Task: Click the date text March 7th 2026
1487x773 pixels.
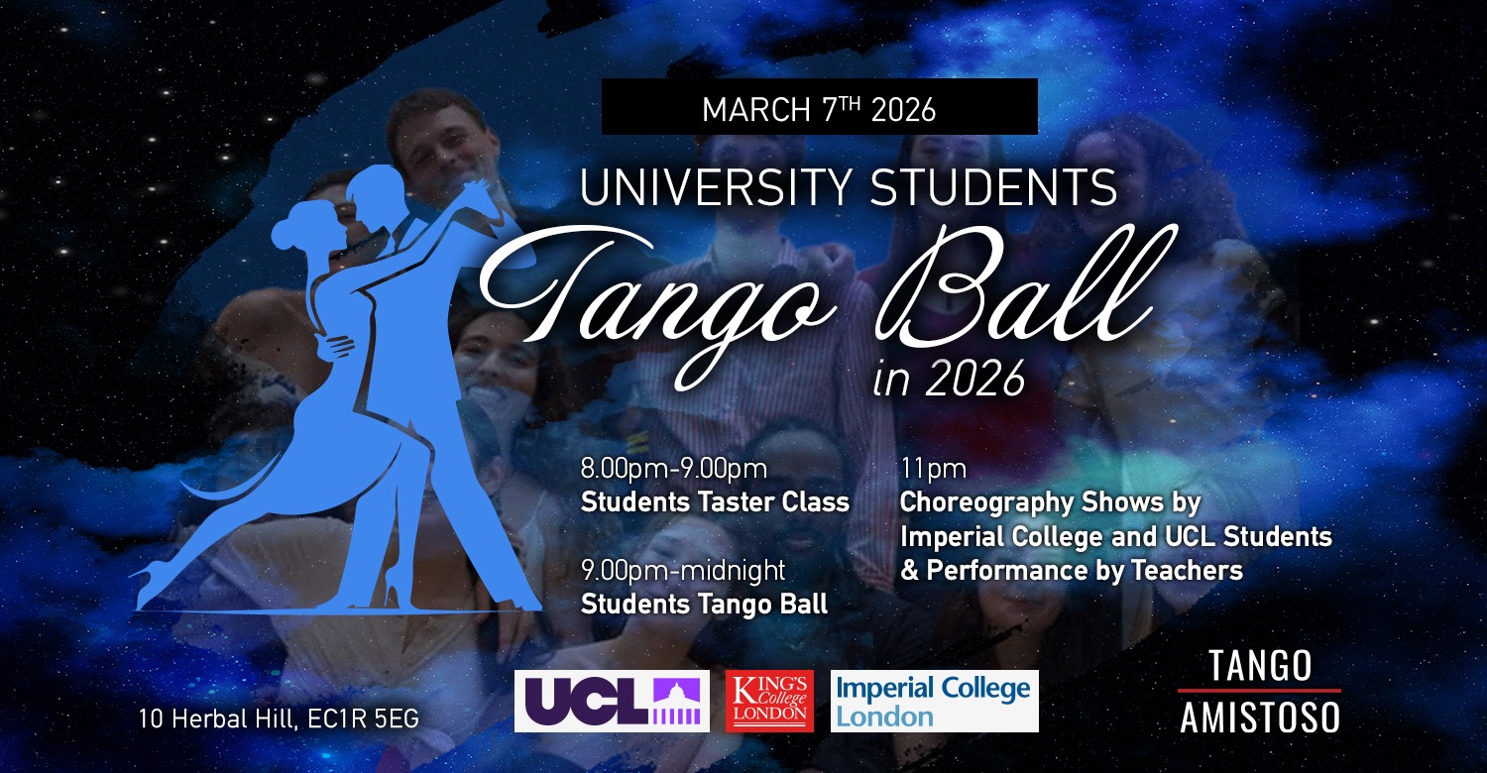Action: click(x=819, y=109)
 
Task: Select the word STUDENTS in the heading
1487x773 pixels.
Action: click(x=993, y=187)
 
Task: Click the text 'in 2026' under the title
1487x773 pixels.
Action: click(x=950, y=379)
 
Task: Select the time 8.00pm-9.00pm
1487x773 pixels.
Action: click(x=674, y=469)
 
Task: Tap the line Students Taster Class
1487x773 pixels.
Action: click(x=715, y=502)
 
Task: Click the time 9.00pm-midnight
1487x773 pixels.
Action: click(x=683, y=571)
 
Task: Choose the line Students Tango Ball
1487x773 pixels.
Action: click(x=704, y=604)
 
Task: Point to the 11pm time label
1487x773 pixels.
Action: click(x=934, y=470)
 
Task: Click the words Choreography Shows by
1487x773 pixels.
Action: click(x=1050, y=503)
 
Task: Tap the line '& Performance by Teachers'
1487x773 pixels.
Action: click(x=1072, y=570)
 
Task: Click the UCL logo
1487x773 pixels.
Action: click(x=612, y=701)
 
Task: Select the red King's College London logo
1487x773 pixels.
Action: click(x=769, y=701)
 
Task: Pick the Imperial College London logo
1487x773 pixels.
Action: click(x=935, y=701)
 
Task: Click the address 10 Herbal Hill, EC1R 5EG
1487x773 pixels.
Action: click(x=279, y=719)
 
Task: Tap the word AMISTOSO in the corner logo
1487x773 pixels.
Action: click(x=1260, y=718)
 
